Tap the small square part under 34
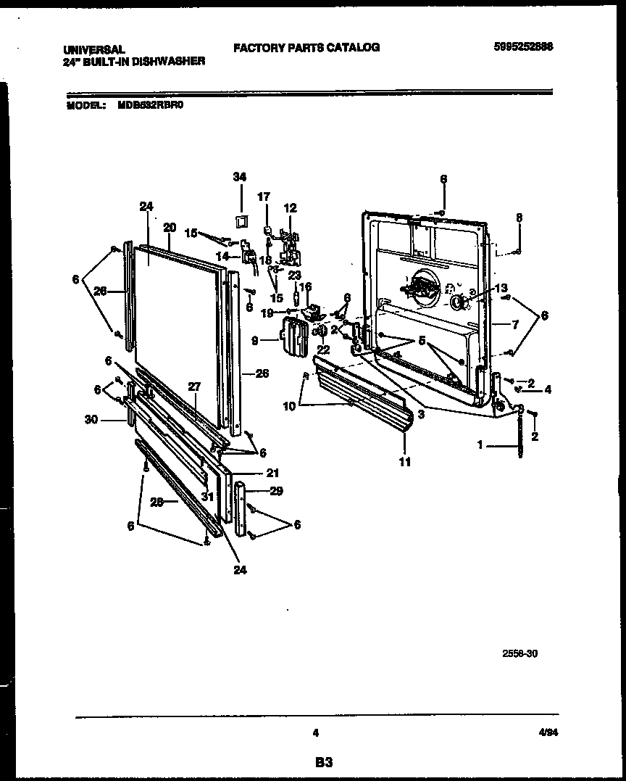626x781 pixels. (241, 220)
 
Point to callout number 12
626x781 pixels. (290, 208)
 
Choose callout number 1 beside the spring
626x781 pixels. (480, 446)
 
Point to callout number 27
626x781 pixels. (193, 387)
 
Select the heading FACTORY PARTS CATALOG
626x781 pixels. (306, 47)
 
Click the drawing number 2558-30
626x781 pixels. (520, 653)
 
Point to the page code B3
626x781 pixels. (323, 762)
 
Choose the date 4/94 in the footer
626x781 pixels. (548, 733)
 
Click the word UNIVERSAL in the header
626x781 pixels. (94, 49)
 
